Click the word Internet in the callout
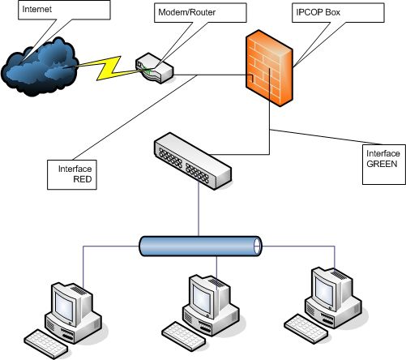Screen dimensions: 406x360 (x=36, y=9)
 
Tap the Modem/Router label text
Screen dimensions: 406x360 (x=186, y=12)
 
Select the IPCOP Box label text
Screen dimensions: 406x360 (x=318, y=12)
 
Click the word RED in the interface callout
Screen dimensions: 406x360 (x=83, y=179)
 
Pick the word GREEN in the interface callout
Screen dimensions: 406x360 (x=382, y=164)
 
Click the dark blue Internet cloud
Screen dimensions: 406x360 (x=40, y=67)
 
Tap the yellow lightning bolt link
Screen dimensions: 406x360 (x=108, y=67)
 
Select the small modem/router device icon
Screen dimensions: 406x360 (x=154, y=68)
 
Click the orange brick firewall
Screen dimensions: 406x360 (x=269, y=68)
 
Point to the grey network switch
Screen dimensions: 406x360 (x=193, y=161)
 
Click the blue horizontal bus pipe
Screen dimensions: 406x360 (x=200, y=246)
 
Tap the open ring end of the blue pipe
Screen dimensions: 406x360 (x=258, y=246)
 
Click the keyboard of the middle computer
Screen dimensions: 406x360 (x=184, y=336)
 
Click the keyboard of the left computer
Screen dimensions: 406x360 (x=46, y=344)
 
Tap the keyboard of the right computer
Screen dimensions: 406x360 (x=306, y=328)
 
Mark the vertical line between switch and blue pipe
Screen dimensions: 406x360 (x=199, y=209)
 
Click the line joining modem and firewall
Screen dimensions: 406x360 (x=210, y=75)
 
